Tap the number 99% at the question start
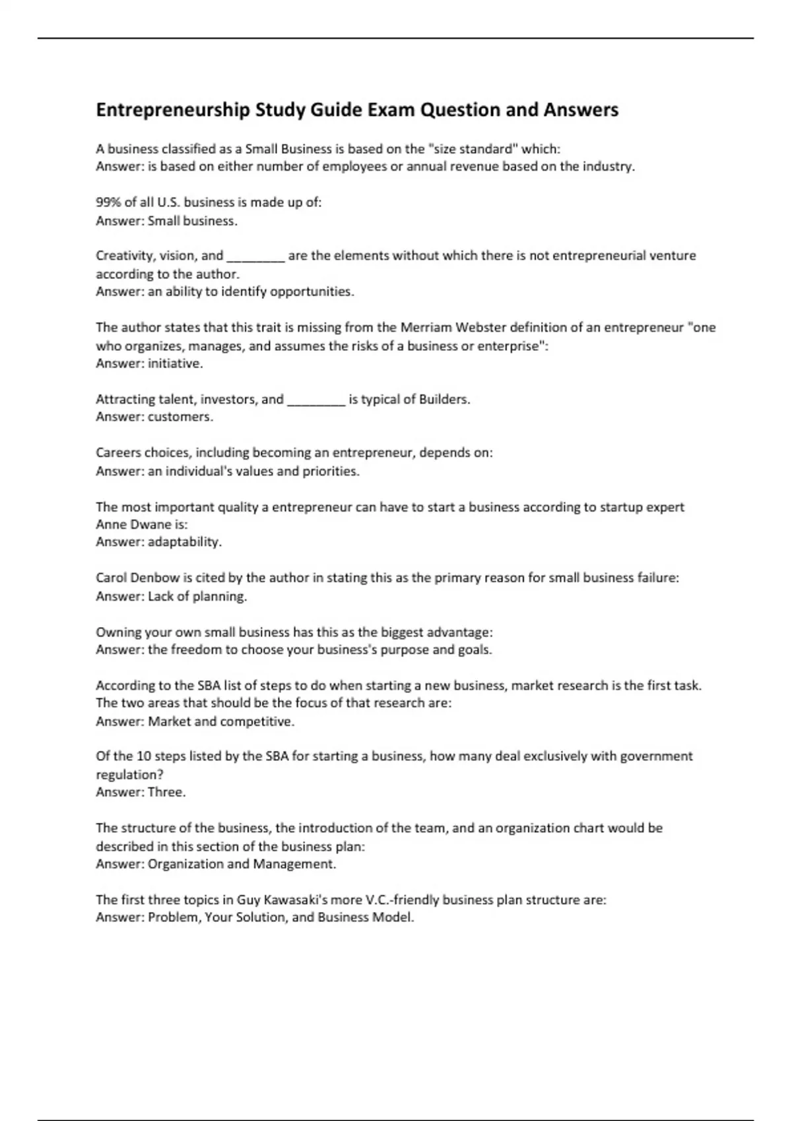pos(108,202)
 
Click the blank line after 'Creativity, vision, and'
pos(255,257)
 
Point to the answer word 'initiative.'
pos(176,363)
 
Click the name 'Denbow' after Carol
pos(155,578)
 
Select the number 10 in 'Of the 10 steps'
pos(144,756)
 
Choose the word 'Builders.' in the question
pos(445,400)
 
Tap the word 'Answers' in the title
pos(581,110)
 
